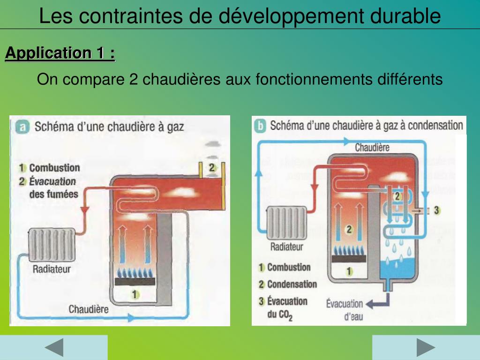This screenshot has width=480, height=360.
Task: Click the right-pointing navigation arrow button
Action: point(426,347)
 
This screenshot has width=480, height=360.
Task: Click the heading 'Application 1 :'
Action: point(60,53)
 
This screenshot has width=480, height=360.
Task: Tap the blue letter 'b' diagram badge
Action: point(260,125)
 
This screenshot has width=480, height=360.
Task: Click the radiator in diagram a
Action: point(52,245)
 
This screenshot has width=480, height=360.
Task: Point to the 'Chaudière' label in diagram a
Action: point(89,309)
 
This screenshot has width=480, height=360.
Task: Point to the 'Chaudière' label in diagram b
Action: point(372,148)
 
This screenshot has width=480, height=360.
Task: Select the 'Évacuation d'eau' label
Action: point(345,310)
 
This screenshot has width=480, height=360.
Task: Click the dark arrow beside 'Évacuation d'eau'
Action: point(377,304)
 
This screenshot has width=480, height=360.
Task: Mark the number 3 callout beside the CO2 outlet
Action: point(436,210)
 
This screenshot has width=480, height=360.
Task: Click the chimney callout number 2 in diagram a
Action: point(212,167)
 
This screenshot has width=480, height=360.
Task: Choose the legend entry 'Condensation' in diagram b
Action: point(292,284)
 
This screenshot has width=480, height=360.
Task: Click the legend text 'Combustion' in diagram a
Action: point(54,168)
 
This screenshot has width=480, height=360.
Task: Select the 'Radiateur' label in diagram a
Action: point(52,269)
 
